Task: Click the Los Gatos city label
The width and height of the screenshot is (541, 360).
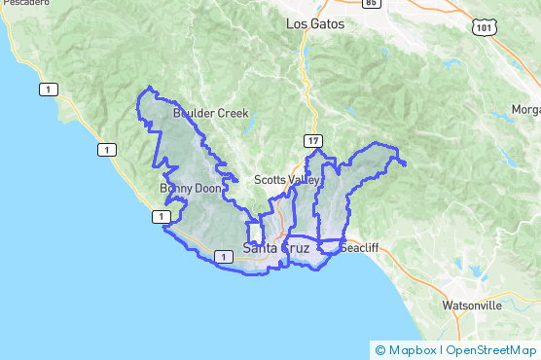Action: [314, 23]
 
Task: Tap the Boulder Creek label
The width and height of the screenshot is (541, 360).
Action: [211, 114]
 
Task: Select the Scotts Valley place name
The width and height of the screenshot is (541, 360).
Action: [287, 180]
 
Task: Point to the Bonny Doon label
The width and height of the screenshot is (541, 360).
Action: [184, 188]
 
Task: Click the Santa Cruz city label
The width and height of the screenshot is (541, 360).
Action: [276, 248]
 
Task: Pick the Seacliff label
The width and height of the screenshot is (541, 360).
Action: [358, 247]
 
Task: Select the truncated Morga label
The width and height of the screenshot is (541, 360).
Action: [525, 109]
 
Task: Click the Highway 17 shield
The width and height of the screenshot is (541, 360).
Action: [312, 142]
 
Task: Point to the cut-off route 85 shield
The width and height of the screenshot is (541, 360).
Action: [371, 3]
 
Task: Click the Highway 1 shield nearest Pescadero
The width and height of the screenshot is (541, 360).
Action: [46, 90]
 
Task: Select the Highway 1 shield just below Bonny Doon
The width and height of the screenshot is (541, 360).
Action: [157, 217]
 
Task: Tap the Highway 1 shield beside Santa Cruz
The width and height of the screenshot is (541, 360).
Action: [224, 256]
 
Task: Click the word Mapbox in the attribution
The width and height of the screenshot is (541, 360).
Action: [412, 349]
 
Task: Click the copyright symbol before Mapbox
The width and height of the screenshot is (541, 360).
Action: [379, 349]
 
